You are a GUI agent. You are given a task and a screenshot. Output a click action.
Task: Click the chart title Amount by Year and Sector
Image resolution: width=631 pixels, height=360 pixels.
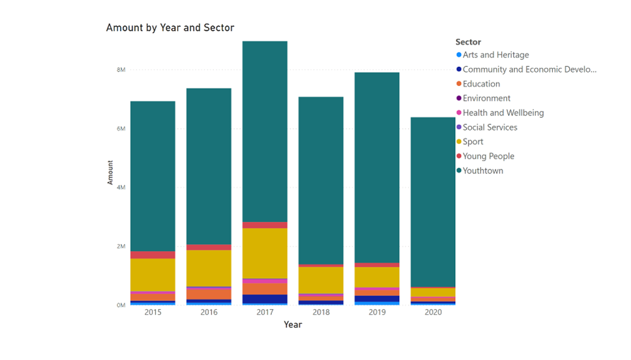coord(170,28)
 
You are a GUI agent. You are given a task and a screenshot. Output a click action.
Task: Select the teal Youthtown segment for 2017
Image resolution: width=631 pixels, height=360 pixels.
coord(265,131)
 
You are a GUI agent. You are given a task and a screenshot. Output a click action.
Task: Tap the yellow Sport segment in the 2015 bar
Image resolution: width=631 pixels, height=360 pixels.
coord(153,275)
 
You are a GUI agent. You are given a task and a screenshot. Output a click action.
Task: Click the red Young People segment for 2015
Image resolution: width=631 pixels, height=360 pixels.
coord(153,255)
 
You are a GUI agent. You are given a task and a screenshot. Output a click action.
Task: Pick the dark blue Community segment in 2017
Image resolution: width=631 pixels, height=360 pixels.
coord(265,299)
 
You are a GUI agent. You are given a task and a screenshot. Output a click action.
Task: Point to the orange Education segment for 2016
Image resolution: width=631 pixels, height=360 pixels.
coord(209,294)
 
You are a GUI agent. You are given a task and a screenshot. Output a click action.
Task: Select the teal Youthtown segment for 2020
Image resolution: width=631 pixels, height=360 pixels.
coord(433,202)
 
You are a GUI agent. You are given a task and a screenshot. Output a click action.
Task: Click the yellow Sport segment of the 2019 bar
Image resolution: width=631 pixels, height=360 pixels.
coord(377,277)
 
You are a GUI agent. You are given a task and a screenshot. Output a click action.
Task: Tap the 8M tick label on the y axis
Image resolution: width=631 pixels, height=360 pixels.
coord(121,69)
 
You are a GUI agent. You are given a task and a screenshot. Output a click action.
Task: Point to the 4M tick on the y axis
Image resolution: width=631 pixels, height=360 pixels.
coord(121,187)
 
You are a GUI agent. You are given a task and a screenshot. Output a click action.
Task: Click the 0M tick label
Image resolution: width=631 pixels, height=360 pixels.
coord(121,305)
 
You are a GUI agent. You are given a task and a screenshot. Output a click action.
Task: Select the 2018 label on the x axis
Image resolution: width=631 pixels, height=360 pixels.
coord(321,312)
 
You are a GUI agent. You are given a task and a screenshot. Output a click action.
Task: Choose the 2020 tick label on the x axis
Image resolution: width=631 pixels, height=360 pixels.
coord(433,312)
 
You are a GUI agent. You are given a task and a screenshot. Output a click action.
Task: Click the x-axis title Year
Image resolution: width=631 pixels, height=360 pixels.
coord(292,324)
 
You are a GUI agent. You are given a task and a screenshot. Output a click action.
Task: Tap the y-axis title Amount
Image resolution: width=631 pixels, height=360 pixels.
coord(110,172)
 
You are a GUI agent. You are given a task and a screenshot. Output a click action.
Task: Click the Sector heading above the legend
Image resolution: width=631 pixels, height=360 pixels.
coord(468,42)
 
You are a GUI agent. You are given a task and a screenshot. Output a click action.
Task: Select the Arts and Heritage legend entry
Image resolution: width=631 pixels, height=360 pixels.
coord(493,55)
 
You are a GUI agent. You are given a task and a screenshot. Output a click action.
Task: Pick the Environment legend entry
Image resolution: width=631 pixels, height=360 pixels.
coord(483,98)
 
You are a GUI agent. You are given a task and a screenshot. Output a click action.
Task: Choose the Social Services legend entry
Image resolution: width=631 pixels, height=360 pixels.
coord(486,127)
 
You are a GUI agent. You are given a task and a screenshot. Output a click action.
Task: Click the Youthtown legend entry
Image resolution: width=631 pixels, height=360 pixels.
coord(479,171)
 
